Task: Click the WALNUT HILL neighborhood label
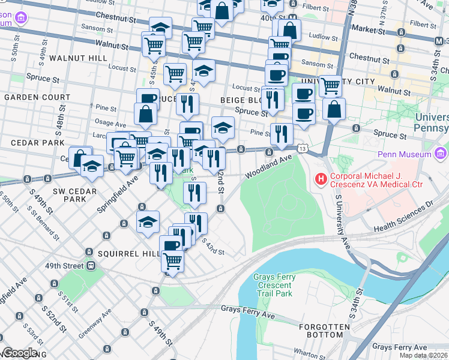78,58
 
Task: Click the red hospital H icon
321,179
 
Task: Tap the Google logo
20,353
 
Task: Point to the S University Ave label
342,223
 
